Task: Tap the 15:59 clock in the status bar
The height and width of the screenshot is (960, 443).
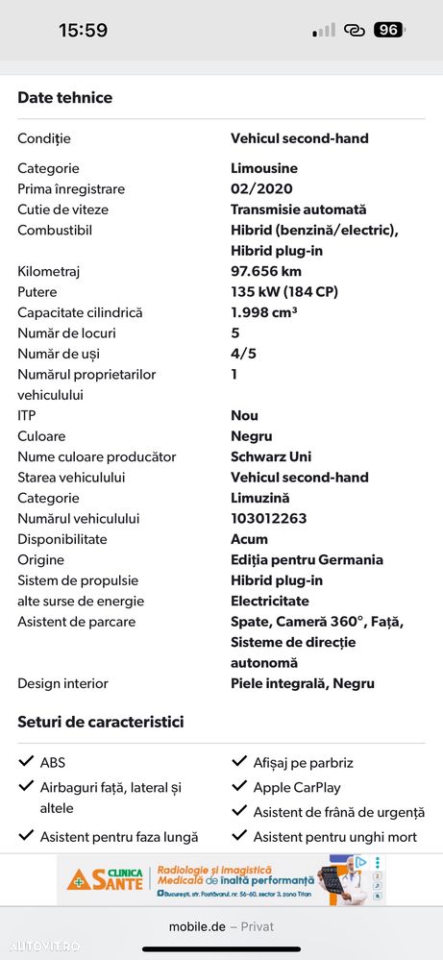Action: click(83, 30)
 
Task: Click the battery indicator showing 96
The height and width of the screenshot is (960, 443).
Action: click(388, 30)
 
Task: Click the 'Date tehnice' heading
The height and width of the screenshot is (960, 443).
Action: click(64, 98)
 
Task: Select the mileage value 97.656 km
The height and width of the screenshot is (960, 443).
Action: click(266, 271)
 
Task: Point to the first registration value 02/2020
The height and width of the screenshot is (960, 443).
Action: click(261, 189)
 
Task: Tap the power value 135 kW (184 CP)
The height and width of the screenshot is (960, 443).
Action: click(284, 292)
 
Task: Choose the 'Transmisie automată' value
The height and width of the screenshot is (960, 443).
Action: click(299, 209)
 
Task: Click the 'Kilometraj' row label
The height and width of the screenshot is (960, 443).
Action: click(49, 271)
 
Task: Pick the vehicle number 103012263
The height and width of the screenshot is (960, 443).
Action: click(269, 519)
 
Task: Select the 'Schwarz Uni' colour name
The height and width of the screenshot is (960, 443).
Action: click(271, 456)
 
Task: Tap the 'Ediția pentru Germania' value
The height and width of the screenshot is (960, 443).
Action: click(307, 560)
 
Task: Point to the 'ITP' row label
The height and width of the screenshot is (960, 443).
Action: click(26, 416)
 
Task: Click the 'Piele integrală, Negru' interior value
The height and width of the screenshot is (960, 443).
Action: click(303, 684)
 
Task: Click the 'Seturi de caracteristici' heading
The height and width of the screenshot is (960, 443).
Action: click(100, 722)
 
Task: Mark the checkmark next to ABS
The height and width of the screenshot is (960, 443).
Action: click(27, 762)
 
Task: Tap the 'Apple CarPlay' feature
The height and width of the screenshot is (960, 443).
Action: click(297, 787)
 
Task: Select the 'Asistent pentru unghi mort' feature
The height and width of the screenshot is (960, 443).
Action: click(335, 837)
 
